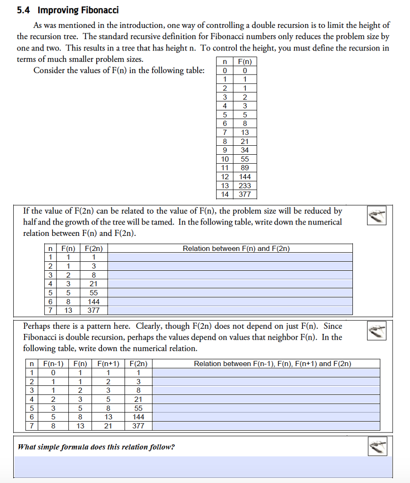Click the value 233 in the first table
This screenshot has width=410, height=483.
(x=245, y=185)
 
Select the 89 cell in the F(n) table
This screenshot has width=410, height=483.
(x=245, y=168)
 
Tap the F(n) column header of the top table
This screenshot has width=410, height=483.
(x=245, y=62)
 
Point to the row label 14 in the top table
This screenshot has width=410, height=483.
(x=225, y=194)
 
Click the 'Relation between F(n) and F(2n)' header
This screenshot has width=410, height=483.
(x=236, y=249)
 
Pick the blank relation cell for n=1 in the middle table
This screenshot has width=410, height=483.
(x=230, y=257)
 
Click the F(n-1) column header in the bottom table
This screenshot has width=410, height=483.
(x=53, y=364)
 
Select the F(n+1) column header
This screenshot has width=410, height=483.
(x=108, y=364)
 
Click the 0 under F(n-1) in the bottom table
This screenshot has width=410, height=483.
(x=53, y=373)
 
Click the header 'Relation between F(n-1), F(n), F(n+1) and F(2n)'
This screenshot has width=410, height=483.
(x=272, y=364)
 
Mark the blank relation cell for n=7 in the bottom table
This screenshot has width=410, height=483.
(x=266, y=425)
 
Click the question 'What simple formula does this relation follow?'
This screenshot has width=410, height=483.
(x=96, y=447)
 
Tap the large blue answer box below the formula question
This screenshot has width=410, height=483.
(x=203, y=466)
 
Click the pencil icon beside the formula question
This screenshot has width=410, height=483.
(x=377, y=446)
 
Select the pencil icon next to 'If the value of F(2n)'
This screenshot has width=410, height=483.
(x=377, y=215)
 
